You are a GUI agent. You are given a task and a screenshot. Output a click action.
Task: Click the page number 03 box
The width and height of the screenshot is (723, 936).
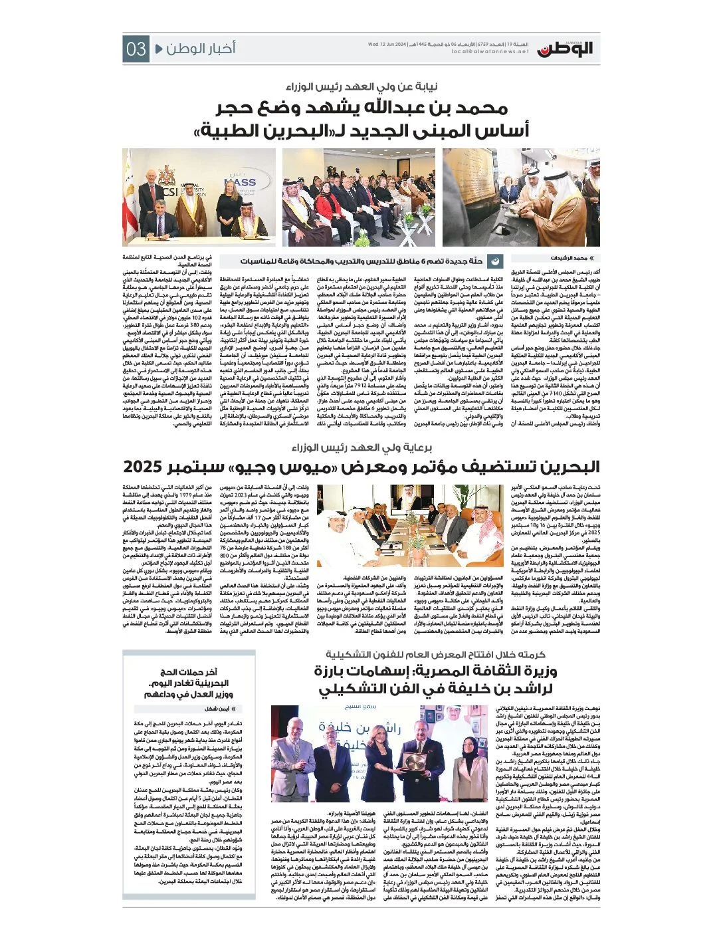point(136,49)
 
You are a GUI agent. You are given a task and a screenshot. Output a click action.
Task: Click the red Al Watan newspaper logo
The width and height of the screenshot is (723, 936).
point(565,48)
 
